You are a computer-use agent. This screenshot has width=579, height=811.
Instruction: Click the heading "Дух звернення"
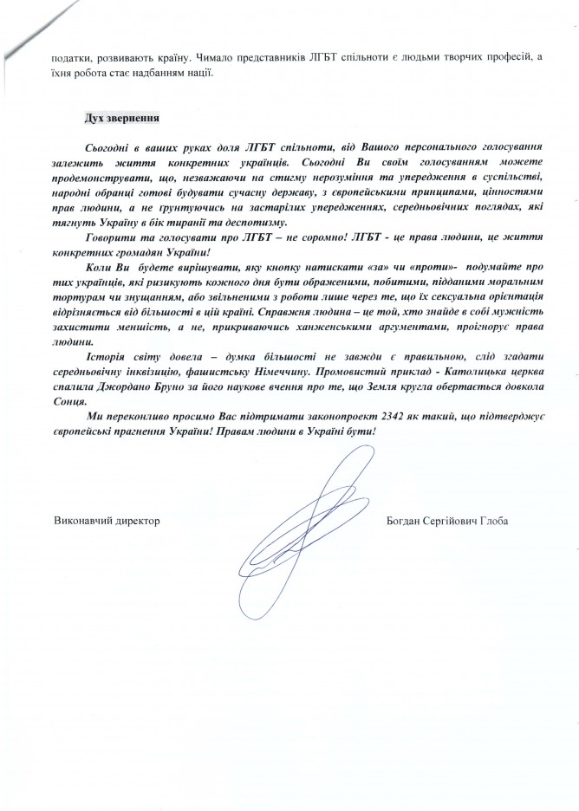click(x=121, y=116)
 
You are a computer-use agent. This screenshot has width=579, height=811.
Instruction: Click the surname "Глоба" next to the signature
click(x=490, y=520)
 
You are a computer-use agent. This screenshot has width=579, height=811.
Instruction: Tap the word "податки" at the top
click(x=72, y=57)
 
